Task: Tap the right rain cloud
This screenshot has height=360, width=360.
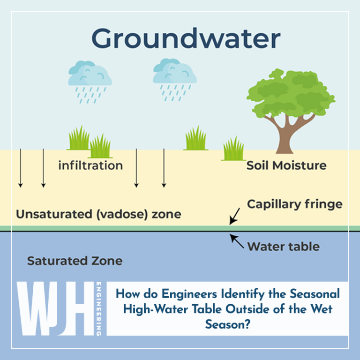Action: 174,73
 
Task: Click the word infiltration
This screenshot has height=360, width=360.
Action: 90,165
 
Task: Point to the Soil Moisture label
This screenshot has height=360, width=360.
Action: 286,165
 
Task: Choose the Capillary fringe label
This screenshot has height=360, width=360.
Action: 294,204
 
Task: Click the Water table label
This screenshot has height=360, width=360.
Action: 283,246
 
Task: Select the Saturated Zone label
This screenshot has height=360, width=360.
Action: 75,261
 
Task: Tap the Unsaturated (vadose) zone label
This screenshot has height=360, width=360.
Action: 98,215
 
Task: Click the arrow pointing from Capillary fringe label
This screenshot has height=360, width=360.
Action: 235,215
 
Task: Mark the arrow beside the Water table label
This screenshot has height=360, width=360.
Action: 236,241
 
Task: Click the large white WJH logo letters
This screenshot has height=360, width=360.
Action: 54,309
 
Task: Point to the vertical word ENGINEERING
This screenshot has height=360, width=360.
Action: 99,309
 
